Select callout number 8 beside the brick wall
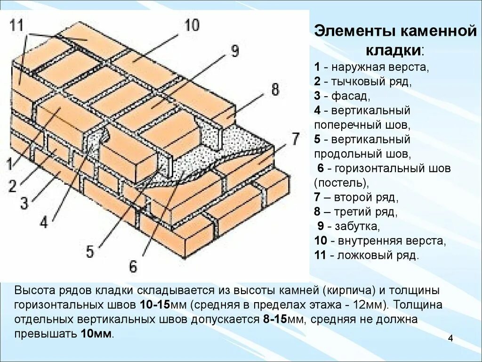(x=274, y=89)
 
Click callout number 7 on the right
(x=294, y=140)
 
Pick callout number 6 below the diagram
(x=133, y=267)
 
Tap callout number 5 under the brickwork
(x=90, y=251)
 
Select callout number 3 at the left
(x=24, y=203)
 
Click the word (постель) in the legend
(x=338, y=182)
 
